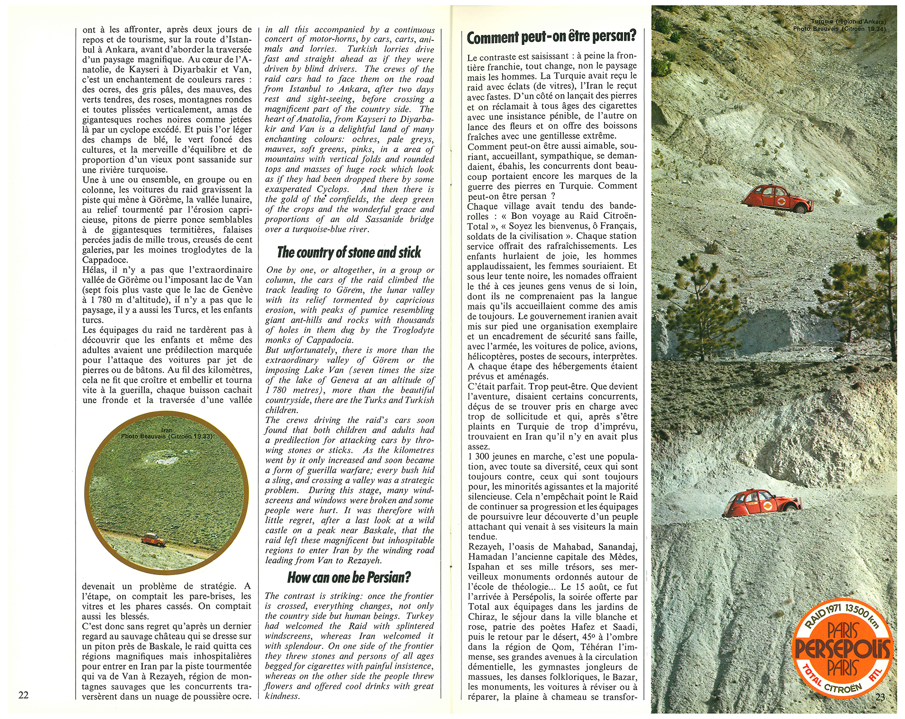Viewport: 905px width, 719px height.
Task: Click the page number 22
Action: (x=24, y=695)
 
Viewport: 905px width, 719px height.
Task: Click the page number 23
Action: (x=880, y=697)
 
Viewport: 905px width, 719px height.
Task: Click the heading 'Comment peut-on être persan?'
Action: (x=552, y=36)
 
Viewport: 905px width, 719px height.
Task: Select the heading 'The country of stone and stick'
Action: (x=349, y=252)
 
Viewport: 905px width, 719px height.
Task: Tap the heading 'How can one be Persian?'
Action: (x=349, y=577)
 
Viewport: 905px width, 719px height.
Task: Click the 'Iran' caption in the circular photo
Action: (x=167, y=430)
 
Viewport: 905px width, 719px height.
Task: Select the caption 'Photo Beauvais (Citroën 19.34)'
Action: (x=839, y=29)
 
